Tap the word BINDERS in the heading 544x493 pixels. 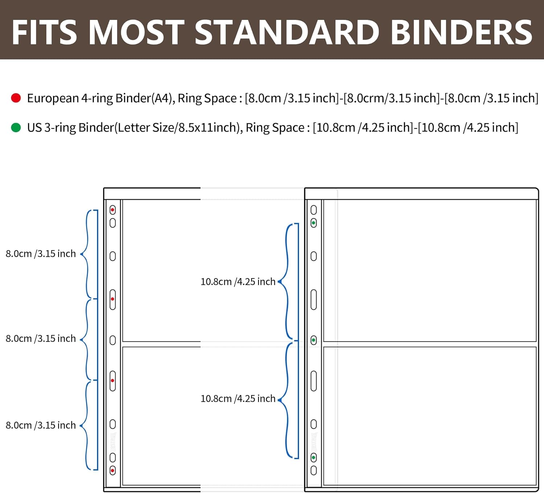tap(462, 32)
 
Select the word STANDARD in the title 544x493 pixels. tap(287, 32)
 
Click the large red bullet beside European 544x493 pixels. tap(16, 98)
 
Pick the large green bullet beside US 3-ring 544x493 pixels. tap(16, 128)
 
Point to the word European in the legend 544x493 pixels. tap(53, 99)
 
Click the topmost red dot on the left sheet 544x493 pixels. tap(112, 210)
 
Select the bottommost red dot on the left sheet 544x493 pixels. tap(112, 471)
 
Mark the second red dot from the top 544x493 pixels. tap(112, 299)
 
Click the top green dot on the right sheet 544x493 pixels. tap(313, 223)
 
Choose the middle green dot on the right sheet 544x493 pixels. tap(313, 340)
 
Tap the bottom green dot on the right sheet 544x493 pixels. tap(313, 458)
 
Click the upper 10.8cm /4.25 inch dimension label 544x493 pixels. tap(238, 282)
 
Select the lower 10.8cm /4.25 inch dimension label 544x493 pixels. tap(238, 399)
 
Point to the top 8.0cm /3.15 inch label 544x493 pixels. tap(41, 254)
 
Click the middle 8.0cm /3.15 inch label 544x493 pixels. tap(41, 339)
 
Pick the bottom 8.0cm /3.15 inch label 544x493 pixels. tap(41, 425)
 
